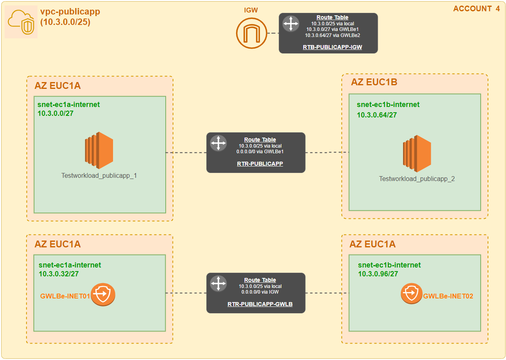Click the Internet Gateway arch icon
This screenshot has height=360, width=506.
click(251, 33)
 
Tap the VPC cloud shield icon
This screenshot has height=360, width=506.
click(21, 22)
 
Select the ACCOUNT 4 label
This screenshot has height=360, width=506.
click(476, 8)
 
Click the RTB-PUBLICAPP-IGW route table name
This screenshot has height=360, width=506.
click(332, 47)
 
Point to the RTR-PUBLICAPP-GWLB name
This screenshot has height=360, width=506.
click(260, 304)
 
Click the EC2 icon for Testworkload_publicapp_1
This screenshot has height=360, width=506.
click(99, 150)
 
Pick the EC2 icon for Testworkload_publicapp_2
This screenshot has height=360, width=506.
click(417, 154)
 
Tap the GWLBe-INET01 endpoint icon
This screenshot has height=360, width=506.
click(103, 294)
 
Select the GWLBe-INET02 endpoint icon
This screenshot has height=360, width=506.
click(411, 293)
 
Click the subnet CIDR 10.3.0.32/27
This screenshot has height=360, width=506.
click(59, 274)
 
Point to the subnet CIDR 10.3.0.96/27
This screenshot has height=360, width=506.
click(378, 274)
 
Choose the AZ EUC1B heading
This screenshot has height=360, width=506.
click(374, 82)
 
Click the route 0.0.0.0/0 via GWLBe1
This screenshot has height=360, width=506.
click(260, 152)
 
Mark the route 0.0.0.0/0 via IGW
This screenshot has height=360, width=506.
click(260, 292)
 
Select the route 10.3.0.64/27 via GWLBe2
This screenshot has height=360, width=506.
click(333, 35)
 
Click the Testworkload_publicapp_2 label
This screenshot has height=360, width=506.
click(417, 179)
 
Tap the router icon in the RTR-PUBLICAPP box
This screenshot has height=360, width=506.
click(218, 143)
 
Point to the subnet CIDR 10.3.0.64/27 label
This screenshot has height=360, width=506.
click(377, 115)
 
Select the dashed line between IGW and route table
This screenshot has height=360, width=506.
click(273, 33)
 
